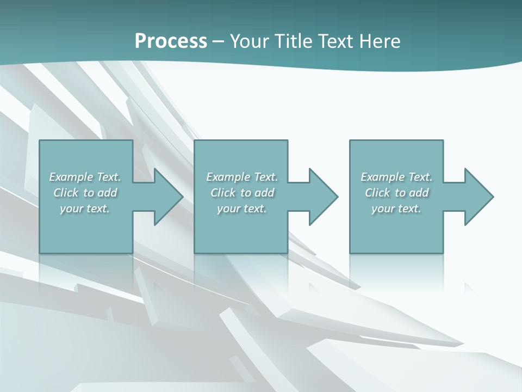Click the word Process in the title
171,41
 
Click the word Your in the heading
250,41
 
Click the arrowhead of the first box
165,197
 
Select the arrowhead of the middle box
321,197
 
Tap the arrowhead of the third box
476,197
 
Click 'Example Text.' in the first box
85,177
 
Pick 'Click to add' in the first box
85,193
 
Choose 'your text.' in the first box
85,209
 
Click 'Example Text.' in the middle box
242,177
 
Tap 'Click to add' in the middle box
242,193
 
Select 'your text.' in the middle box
242,209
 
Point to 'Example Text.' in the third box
396,177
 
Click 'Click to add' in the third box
396,193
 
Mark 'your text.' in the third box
396,209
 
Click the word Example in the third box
383,177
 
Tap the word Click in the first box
65,193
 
